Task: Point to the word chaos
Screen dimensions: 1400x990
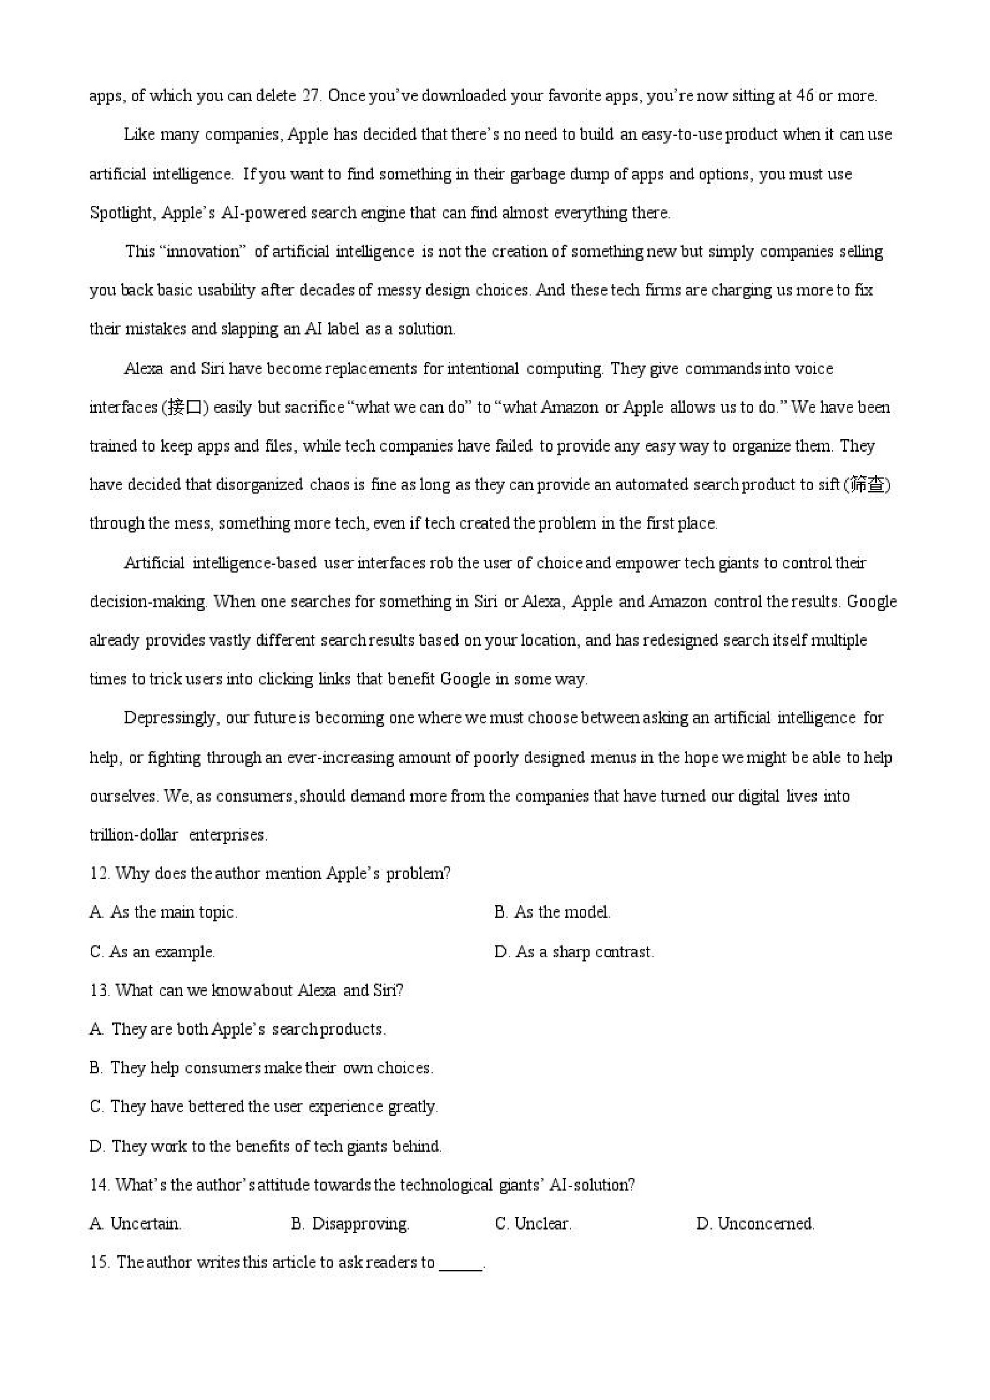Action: (x=329, y=485)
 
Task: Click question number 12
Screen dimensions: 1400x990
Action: (x=99, y=873)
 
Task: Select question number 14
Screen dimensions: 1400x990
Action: (x=99, y=1185)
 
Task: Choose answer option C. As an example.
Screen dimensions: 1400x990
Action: (x=153, y=952)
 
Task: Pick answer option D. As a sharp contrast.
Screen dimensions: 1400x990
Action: (x=574, y=952)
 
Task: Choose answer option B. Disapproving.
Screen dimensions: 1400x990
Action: (x=350, y=1224)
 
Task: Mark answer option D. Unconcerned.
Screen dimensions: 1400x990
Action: (x=755, y=1224)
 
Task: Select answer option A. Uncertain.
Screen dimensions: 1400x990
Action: (x=135, y=1224)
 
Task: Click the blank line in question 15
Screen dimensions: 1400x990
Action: (x=460, y=1264)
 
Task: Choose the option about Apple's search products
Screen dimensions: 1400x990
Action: (x=238, y=1029)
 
